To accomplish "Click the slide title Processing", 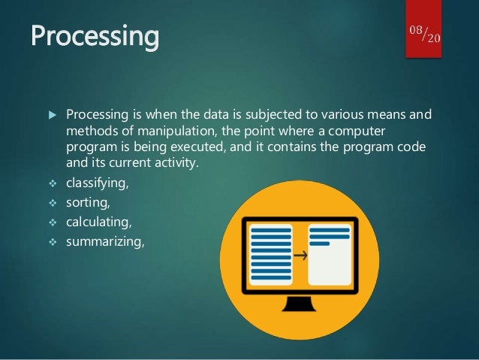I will [x=95, y=35].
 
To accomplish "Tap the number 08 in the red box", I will [x=417, y=29].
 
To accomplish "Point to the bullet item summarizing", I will [x=102, y=242].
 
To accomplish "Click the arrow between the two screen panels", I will [x=301, y=255].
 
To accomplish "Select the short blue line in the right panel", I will [x=319, y=244].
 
